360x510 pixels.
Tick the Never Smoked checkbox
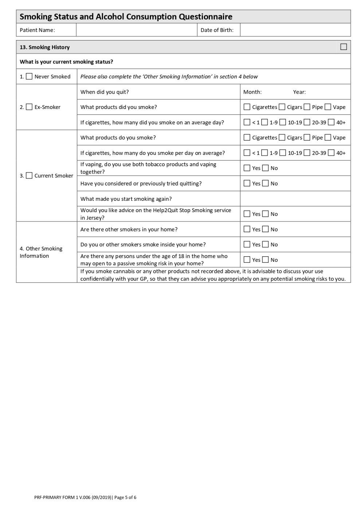(x=29, y=77)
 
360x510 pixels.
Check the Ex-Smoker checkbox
(x=29, y=107)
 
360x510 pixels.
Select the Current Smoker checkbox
(x=29, y=176)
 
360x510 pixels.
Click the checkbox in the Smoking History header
(x=343, y=47)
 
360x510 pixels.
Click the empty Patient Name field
(x=136, y=30)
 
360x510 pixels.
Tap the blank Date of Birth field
(x=295, y=30)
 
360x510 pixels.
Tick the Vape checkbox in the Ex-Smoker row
(x=328, y=107)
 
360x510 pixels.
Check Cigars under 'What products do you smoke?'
(x=282, y=138)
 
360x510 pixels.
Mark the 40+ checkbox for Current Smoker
(x=331, y=153)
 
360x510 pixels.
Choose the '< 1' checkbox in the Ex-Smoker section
(x=247, y=122)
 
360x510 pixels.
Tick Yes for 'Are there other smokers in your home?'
(x=247, y=229)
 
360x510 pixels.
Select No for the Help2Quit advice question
(x=265, y=214)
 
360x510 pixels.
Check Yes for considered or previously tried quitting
(x=247, y=183)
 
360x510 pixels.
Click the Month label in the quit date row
(x=252, y=92)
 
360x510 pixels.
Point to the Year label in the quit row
(x=299, y=92)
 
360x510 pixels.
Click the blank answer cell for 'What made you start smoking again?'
(x=295, y=199)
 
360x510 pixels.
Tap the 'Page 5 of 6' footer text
(x=125, y=497)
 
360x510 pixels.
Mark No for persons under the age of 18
(x=265, y=260)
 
